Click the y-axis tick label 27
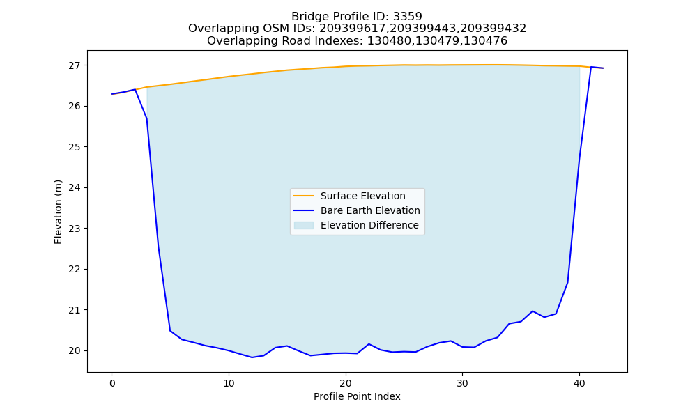(x=75, y=65)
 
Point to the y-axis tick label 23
(x=75, y=229)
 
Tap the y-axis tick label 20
(x=75, y=351)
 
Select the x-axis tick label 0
(x=112, y=383)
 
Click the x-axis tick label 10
(x=229, y=383)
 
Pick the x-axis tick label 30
(x=462, y=383)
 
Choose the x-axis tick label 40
(x=579, y=383)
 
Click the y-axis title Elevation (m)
(x=58, y=212)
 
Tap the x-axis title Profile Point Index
(x=357, y=396)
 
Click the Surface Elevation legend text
(x=362, y=196)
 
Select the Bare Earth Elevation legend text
(x=370, y=210)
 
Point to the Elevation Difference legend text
(x=369, y=225)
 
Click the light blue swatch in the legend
(x=304, y=225)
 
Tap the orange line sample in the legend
(x=304, y=196)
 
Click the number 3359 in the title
(x=407, y=17)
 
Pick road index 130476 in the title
(x=485, y=41)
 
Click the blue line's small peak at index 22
(x=369, y=344)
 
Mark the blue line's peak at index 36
(x=533, y=311)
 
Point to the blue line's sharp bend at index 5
(x=170, y=330)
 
